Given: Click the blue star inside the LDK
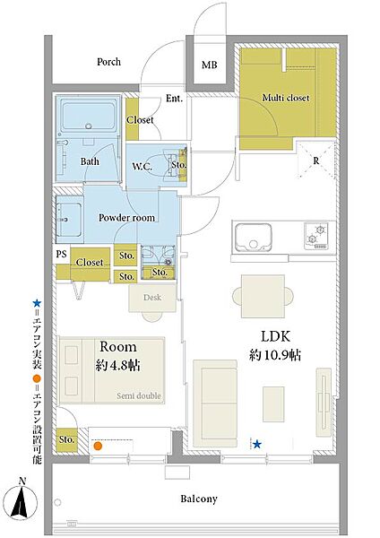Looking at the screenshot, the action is pos(257,445).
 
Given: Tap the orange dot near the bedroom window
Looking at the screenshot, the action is pos(98,446).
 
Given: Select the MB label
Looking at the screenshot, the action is pos(209,65).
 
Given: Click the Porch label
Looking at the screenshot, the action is pos(108,62).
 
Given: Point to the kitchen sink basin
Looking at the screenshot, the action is pos(254,237).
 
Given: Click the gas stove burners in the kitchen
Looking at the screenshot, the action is pos(315,235).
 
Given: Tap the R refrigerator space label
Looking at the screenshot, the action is pos(316,161).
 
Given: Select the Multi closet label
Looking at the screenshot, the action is pos(286,98).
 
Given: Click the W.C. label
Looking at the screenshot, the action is pos(142,167).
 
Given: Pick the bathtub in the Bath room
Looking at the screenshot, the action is pos(90,114).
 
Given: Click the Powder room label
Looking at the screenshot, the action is pos(126,218).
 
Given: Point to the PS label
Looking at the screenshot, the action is pos(61,254).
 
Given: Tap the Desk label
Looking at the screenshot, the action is pos(152,297).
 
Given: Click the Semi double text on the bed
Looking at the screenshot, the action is pos(139,395).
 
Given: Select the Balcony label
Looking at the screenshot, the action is pos(199,499).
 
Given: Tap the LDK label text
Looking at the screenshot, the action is pos(276,336).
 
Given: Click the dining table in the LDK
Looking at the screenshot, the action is pos(263,296).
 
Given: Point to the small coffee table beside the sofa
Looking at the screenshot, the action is pos(273,403).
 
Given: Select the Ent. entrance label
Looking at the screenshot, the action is pos(174,98).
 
